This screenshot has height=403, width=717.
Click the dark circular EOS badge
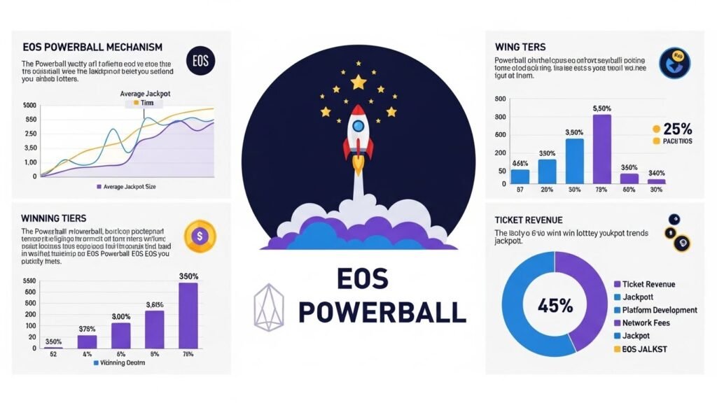[x=201, y=61]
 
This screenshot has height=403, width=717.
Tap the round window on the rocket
[x=358, y=126]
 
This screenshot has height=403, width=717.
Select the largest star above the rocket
[x=358, y=83]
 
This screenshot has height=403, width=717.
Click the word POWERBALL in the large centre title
[x=382, y=311]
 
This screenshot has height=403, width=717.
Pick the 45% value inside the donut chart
[x=555, y=306]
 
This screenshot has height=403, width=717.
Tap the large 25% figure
[x=676, y=129]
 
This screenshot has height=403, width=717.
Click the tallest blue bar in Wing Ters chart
[x=574, y=160]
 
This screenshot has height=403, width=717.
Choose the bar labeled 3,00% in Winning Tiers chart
[x=121, y=335]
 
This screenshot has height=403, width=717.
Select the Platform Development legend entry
[x=654, y=310]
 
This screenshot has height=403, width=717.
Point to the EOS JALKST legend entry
[x=640, y=348]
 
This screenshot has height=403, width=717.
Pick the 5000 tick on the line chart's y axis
[x=29, y=106]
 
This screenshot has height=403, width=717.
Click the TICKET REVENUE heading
[x=529, y=220]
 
